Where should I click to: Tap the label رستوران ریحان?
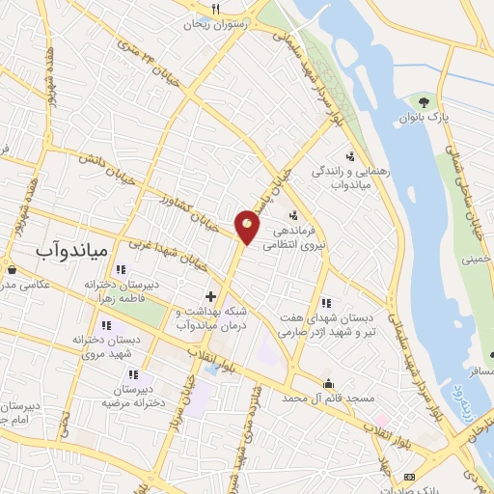(x=218, y=26)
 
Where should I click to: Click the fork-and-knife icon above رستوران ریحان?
(x=217, y=10)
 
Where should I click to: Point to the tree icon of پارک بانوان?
(x=424, y=100)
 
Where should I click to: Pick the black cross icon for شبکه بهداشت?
(x=210, y=295)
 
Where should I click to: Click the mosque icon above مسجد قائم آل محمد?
(x=328, y=383)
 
